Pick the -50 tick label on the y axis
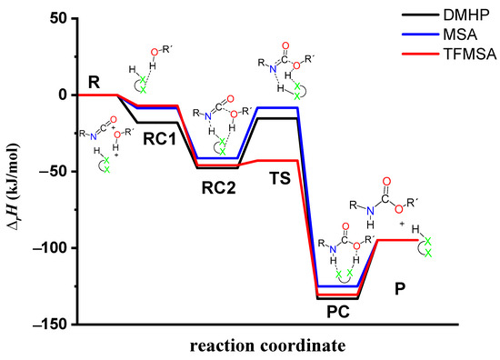[56, 171]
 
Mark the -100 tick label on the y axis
[53, 247]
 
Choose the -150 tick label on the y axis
[53, 324]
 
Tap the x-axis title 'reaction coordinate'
[266, 346]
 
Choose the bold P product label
[400, 288]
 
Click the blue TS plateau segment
[277, 107]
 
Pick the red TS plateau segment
[277, 160]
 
